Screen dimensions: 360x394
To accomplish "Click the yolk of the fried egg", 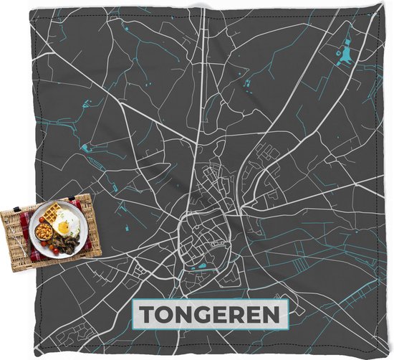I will [x=64, y=227].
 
